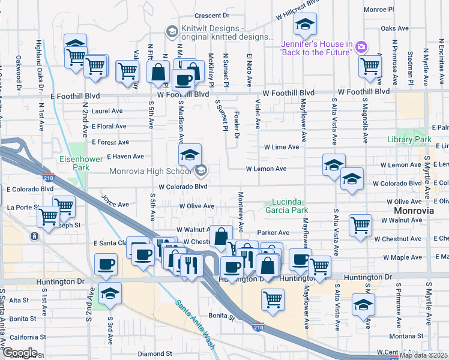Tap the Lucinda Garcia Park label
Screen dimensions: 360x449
286,206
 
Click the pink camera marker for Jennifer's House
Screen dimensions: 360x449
361,46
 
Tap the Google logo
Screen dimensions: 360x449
20,353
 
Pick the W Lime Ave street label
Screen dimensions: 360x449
282,147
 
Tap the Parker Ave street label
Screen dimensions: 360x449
273,232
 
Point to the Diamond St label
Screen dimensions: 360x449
155,354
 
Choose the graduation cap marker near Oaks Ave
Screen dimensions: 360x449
305,26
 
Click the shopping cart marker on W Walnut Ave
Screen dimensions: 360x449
360,226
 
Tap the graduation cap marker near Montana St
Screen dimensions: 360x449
363,305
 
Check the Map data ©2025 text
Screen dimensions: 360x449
423,355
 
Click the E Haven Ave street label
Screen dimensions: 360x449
125,157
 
